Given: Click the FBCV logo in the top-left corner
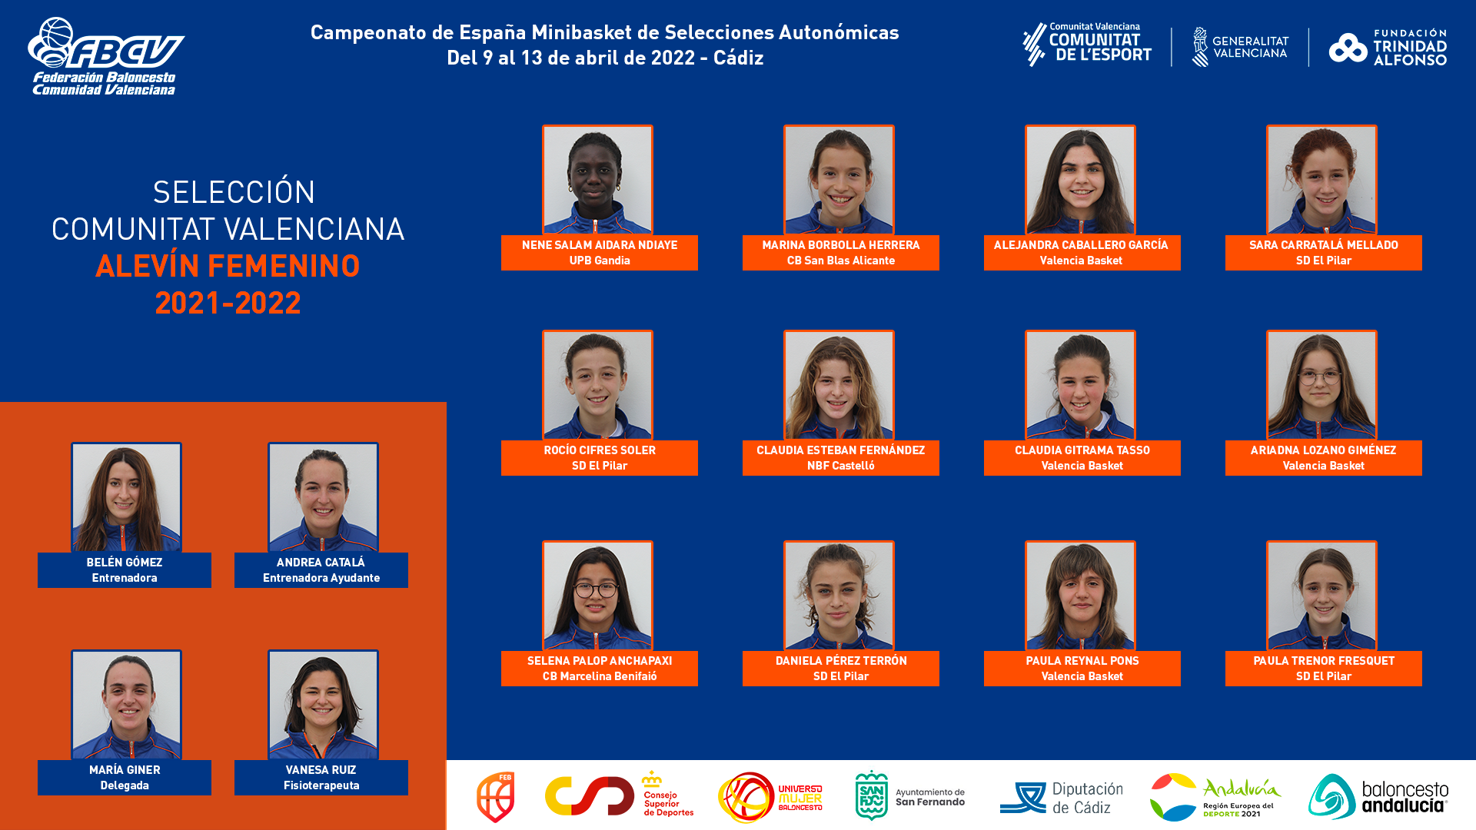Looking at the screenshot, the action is [106, 56].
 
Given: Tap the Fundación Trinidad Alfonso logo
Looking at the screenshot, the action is [1388, 48].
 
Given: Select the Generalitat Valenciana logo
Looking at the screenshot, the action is [1240, 47].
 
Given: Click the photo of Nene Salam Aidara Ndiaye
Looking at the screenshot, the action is [597, 180].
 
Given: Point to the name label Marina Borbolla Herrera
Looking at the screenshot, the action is [841, 245].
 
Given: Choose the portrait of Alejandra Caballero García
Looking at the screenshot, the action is [1080, 180].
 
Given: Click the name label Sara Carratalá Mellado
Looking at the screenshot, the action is [1324, 245].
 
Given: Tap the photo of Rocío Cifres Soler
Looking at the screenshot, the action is [597, 385].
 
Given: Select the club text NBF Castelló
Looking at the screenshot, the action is [841, 466].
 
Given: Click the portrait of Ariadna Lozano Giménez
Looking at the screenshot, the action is [1321, 385].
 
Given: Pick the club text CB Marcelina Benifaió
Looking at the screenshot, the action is [600, 676].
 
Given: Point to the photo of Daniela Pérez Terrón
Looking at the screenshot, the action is [839, 596].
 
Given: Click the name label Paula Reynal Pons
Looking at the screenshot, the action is [1082, 661].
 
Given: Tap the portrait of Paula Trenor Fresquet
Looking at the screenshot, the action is [1321, 596].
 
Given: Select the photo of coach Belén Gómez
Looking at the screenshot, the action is [126, 497].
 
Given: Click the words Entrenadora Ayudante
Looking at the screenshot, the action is [321, 578].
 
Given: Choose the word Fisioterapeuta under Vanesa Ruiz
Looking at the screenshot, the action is [321, 785].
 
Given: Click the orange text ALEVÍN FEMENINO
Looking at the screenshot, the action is [228, 266].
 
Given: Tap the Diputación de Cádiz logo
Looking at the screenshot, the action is [1061, 798].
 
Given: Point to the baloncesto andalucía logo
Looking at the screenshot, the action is [1378, 797].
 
